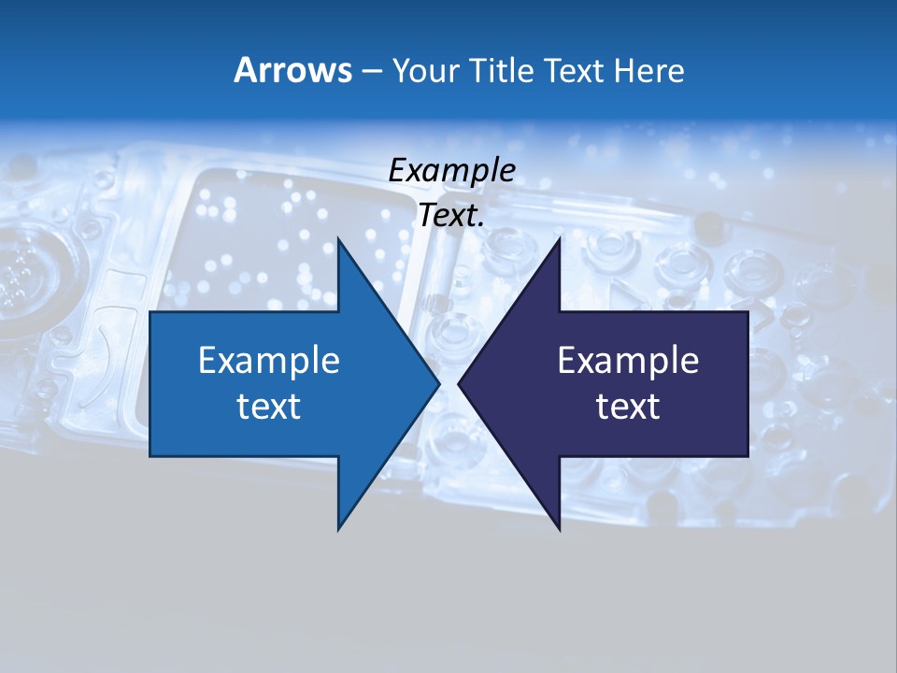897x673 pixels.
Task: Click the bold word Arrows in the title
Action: (293, 70)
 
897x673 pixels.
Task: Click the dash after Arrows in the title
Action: (371, 71)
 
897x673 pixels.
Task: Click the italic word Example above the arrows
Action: (451, 171)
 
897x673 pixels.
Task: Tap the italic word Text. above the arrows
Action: (451, 216)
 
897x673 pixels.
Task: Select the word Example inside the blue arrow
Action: (269, 361)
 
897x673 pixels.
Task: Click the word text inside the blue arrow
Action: (269, 407)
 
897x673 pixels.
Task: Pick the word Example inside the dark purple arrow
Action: (628, 361)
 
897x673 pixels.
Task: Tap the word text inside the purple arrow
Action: (628, 407)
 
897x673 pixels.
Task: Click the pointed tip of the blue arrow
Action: (439, 384)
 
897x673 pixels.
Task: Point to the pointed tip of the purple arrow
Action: (458, 384)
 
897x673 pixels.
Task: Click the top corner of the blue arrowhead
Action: (338, 238)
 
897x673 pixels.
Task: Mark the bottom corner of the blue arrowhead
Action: (338, 530)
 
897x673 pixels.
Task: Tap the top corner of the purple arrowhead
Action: (559, 238)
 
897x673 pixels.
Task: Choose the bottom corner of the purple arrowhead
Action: (559, 530)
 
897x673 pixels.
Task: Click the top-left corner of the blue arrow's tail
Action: (150, 312)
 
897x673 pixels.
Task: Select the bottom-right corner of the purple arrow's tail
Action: (747, 456)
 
